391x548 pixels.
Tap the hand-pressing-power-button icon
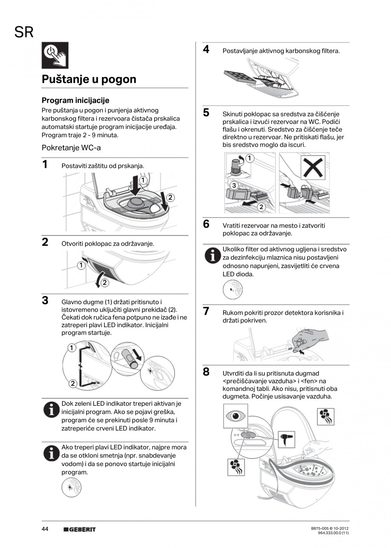[55, 56]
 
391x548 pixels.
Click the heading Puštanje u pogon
[89, 79]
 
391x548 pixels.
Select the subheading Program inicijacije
[75, 101]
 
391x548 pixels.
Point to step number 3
[45, 300]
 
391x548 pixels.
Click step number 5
[206, 113]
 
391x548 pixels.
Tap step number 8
[206, 372]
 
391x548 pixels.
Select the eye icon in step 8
[235, 415]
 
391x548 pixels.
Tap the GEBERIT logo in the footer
[79, 529]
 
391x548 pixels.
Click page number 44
[45, 529]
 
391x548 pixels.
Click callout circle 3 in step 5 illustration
[234, 186]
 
